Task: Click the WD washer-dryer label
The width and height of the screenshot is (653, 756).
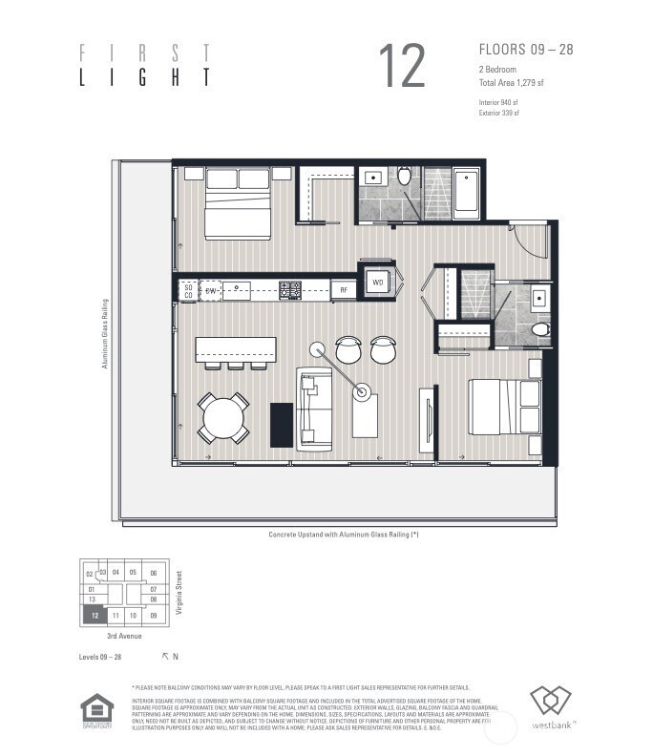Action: pos(377,283)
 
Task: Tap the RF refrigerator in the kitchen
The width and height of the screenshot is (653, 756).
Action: pos(344,289)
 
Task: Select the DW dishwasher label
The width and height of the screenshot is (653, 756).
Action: pos(212,289)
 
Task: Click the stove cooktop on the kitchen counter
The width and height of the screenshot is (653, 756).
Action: pos(290,289)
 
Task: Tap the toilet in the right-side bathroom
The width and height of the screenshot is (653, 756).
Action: pos(539,329)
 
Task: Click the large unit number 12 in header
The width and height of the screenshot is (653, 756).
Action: pos(401,66)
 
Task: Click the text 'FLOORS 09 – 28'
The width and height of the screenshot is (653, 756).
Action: pos(525,49)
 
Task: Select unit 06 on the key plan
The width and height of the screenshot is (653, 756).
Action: pos(153,574)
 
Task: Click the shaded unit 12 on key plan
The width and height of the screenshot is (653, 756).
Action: pos(94,616)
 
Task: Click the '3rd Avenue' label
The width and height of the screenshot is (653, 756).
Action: pos(125,636)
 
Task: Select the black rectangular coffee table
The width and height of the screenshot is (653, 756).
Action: pos(281,425)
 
